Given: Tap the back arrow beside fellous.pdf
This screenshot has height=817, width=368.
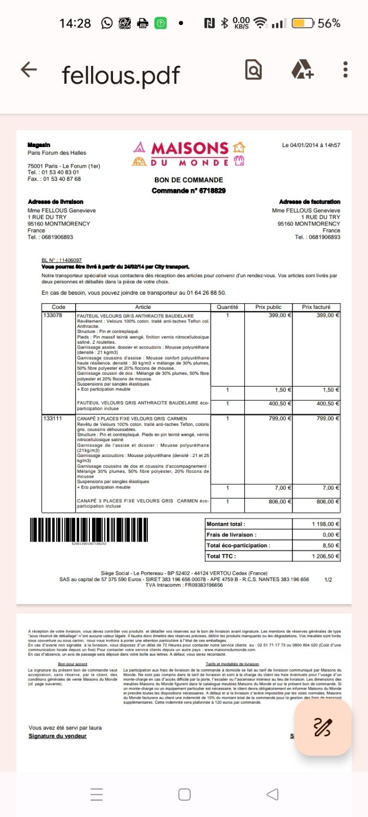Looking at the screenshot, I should point(28,69).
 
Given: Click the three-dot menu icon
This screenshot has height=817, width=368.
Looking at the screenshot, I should point(346,69).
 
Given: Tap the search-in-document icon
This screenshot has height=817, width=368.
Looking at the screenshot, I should point(254,70).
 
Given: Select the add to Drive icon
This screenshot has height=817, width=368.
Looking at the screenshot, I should point(302,70).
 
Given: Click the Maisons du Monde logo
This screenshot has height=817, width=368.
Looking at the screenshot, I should point(188,154).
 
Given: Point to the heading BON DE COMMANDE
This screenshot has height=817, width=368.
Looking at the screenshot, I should point(189,180).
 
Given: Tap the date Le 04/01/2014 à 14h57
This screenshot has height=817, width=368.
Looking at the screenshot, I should point(311,145).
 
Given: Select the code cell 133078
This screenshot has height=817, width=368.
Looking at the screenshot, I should point(52,315).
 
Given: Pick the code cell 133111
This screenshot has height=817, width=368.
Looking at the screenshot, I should point(52,418).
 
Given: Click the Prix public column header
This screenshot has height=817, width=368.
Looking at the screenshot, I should point(268,307).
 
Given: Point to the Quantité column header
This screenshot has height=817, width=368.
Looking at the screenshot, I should point(227,307).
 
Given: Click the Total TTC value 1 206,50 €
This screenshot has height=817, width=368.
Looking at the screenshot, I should point(325,556).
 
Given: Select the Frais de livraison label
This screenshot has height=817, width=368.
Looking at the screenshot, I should point(232,535).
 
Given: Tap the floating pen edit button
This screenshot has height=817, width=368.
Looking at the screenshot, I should point(323,727).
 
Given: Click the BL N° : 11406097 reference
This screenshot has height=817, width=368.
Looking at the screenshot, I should point(62,260).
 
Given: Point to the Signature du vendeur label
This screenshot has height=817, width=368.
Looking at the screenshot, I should point(57,736).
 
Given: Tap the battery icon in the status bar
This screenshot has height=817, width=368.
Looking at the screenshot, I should point(303,23).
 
